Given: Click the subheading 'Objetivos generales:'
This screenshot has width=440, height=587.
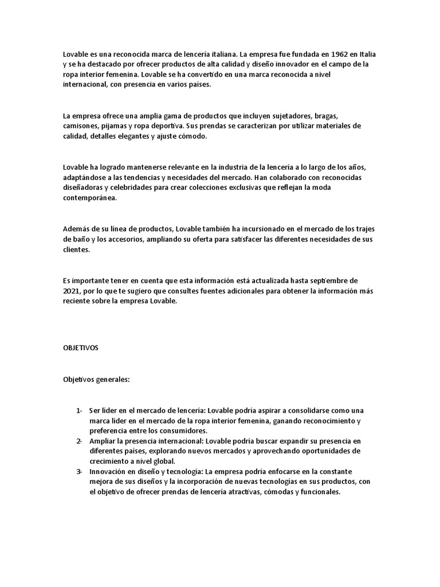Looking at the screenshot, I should point(97,379).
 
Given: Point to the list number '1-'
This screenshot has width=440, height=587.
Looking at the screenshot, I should point(79,410).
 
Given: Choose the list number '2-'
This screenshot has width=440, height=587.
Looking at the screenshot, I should point(79,441).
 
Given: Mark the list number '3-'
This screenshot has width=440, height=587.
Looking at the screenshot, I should point(79,471).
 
